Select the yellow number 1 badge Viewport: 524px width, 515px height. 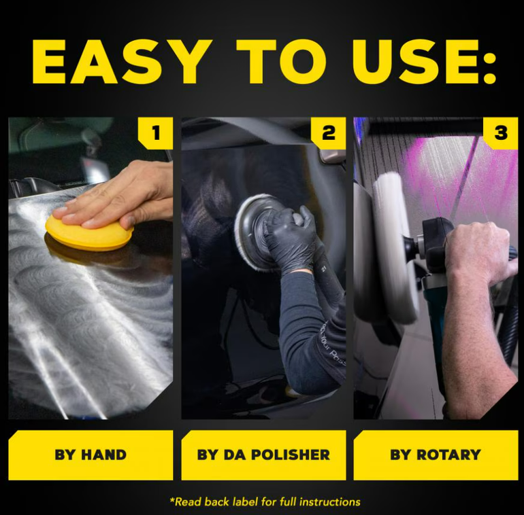click(x=155, y=132)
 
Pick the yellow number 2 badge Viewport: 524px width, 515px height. click(x=328, y=132)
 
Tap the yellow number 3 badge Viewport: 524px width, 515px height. click(x=501, y=132)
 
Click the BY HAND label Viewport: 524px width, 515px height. click(x=91, y=455)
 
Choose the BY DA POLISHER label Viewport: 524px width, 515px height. click(x=263, y=455)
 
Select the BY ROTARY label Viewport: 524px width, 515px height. click(x=436, y=455)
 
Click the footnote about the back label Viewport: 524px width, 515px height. click(x=265, y=501)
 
